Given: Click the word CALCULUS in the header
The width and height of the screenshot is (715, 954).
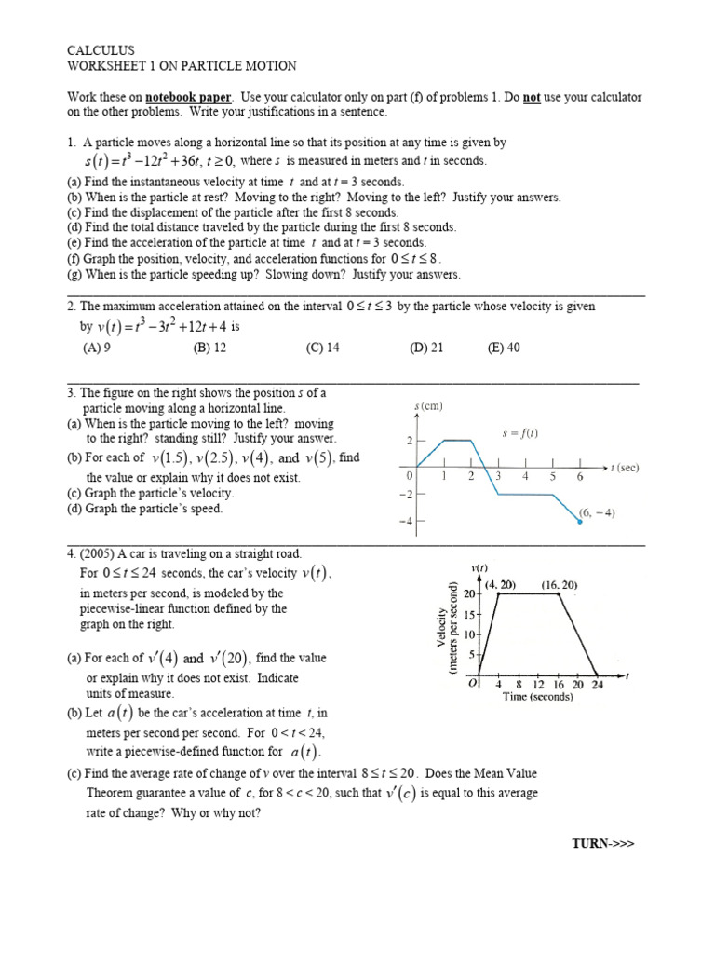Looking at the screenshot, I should (101, 50).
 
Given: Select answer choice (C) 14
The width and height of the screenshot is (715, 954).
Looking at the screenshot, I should (322, 348).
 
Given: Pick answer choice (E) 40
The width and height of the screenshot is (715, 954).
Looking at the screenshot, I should (504, 348).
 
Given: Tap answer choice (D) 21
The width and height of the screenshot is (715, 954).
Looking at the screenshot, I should (426, 348).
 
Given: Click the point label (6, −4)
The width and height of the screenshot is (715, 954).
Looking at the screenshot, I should (596, 512).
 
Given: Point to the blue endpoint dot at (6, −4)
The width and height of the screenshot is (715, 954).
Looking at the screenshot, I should (580, 522).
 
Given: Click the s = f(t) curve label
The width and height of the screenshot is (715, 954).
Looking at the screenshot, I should (519, 433).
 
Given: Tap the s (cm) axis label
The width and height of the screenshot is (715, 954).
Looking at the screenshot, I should (428, 406).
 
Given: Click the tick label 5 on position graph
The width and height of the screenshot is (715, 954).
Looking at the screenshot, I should (553, 476).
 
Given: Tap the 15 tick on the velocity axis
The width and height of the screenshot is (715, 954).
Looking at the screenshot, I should (470, 614).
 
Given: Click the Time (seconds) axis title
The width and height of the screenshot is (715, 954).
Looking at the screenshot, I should (538, 696).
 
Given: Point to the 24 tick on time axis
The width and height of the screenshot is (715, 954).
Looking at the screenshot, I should (597, 683).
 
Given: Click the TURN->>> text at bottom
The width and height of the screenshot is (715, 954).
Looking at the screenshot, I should (602, 843).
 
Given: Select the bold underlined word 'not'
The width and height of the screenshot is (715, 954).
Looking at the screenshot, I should (533, 97).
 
